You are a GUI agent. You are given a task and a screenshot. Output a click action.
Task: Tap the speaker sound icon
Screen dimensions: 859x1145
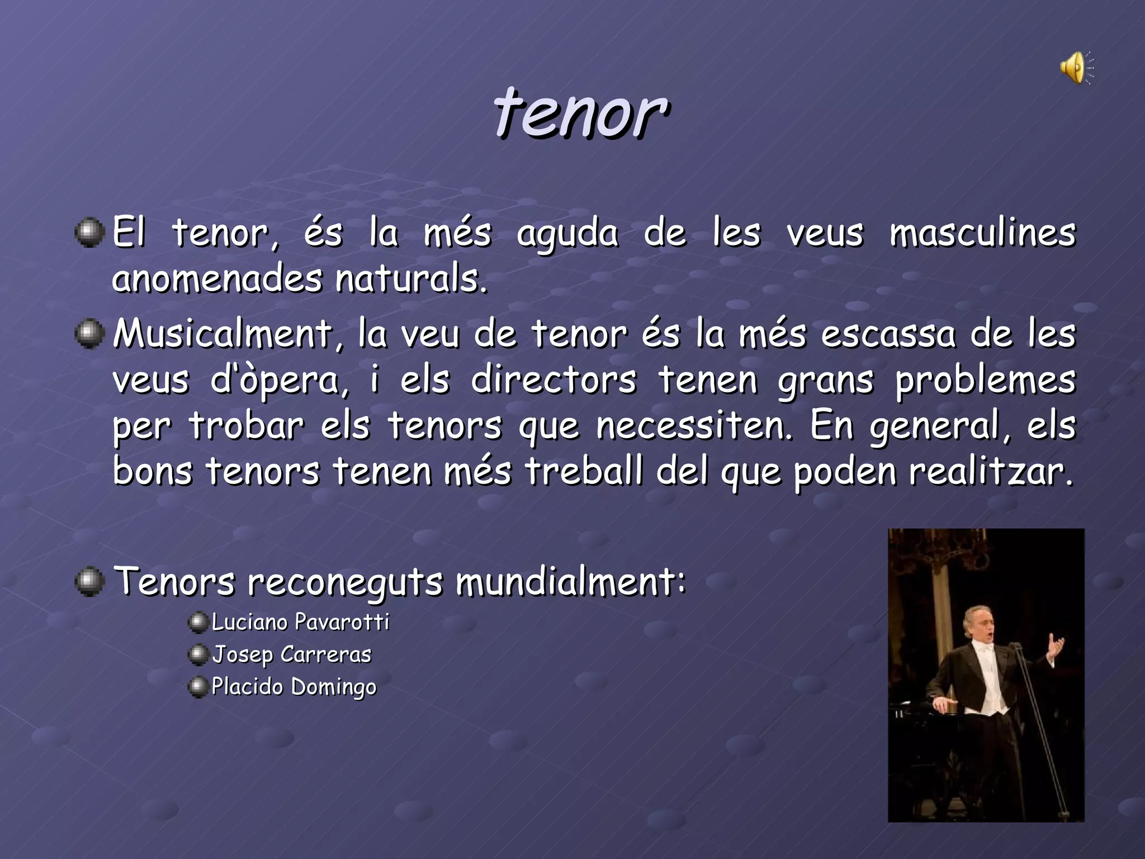click(x=1075, y=68)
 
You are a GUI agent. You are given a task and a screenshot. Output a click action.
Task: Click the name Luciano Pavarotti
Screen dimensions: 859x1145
click(x=300, y=622)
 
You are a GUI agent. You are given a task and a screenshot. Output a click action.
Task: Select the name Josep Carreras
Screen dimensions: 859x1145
click(x=291, y=654)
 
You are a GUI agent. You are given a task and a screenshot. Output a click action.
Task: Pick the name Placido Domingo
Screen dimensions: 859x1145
click(x=294, y=687)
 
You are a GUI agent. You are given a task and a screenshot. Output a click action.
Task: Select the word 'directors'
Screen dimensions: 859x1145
click(x=553, y=381)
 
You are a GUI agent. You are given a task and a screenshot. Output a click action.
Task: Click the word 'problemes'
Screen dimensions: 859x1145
click(x=985, y=381)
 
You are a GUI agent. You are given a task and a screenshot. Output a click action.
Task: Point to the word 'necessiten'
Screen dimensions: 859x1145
click(x=693, y=426)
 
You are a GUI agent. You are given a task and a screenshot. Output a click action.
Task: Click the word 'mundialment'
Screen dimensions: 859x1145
click(x=570, y=582)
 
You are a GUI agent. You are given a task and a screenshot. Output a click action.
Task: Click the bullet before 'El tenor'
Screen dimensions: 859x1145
click(x=89, y=233)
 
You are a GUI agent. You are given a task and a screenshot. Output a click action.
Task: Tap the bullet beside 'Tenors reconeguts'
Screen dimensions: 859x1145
click(x=89, y=582)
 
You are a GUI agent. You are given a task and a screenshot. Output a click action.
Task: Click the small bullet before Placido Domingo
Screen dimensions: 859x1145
click(x=198, y=687)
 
